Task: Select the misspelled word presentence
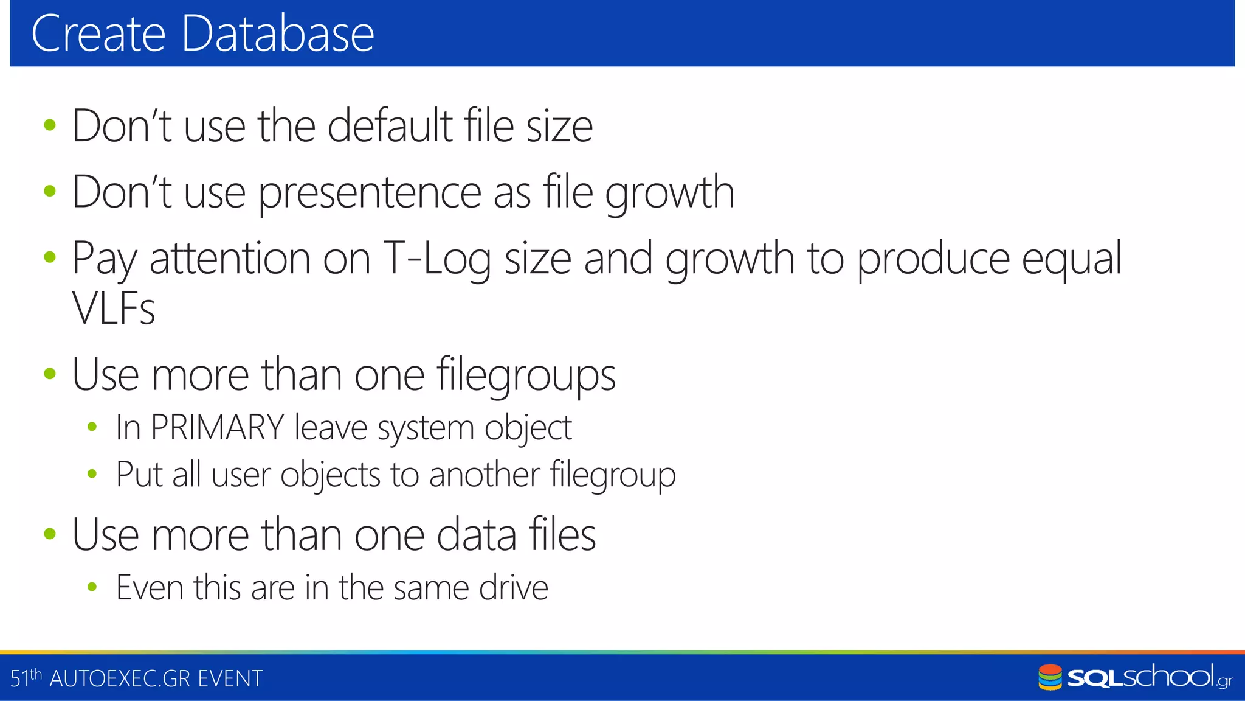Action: [x=370, y=192]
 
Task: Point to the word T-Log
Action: [x=436, y=259]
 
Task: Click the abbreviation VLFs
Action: [x=114, y=308]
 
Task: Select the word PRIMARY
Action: [x=217, y=427]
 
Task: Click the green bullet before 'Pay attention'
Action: [x=50, y=257]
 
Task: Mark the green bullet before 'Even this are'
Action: [x=92, y=587]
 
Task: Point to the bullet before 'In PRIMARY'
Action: [x=92, y=427]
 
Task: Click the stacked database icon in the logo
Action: [x=1050, y=677]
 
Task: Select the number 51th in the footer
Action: [x=26, y=678]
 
